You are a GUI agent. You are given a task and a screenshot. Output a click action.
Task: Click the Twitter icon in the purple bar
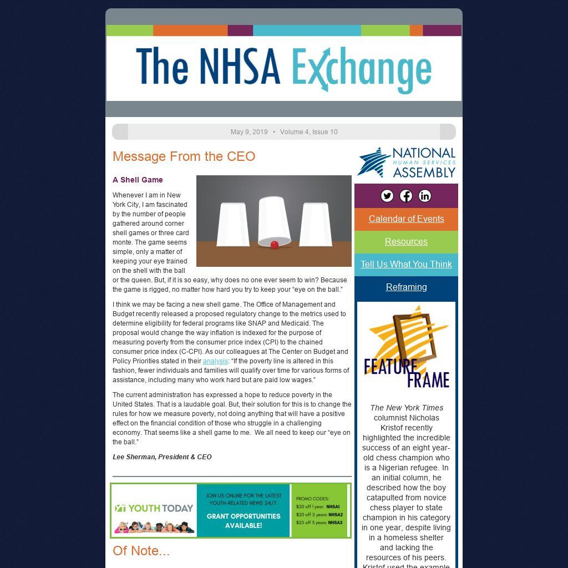pos(387,196)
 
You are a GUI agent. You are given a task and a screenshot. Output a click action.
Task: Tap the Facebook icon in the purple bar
pos(406,196)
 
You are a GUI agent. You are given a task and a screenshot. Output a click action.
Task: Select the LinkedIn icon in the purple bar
pos(425,196)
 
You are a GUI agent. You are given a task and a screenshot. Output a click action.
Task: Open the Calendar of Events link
pos(406,219)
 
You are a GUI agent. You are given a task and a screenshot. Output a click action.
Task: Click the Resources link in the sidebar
pos(406,241)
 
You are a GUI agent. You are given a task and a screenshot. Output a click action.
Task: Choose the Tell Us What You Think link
pos(406,264)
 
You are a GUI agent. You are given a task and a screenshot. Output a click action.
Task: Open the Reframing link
pos(406,287)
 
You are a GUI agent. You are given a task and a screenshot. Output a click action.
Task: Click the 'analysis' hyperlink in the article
pos(215,361)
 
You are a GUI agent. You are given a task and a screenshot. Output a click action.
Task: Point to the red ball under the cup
pos(274,245)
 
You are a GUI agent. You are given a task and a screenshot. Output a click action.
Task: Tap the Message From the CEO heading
pos(184,156)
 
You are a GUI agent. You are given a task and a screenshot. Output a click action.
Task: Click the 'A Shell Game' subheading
pos(138,180)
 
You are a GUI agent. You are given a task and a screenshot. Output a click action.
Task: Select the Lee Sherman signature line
pos(162,457)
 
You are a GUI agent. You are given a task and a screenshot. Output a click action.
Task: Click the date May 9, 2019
pos(249,132)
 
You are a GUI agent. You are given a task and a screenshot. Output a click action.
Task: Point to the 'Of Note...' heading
pos(141,551)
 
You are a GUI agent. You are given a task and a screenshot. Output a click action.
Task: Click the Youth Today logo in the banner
pos(154,508)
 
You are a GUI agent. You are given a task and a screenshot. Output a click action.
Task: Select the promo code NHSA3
pos(335,523)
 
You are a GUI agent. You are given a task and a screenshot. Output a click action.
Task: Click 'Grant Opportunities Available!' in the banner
pos(244,520)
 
